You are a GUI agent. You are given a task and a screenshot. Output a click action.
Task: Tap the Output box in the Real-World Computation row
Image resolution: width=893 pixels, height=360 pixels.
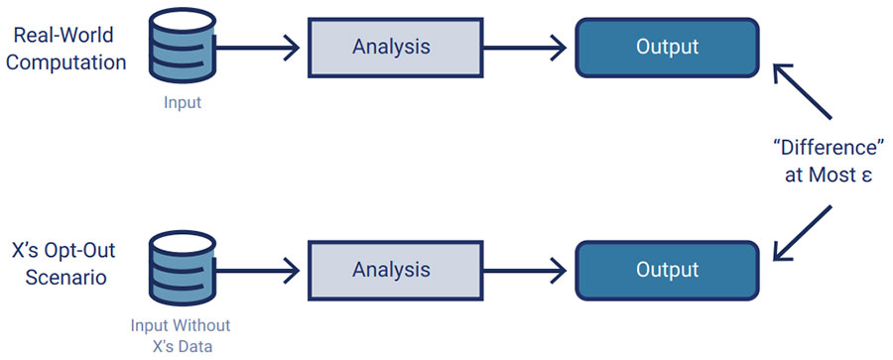point(667,47)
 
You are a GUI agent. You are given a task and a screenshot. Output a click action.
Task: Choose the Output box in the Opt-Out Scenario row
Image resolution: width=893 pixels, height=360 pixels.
point(667,270)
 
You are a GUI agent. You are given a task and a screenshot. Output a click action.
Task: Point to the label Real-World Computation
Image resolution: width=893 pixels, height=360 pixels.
point(69,49)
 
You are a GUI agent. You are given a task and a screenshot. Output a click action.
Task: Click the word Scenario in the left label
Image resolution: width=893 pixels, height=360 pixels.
point(69,279)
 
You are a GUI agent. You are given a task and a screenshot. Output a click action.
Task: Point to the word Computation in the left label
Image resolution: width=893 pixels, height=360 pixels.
point(69,61)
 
